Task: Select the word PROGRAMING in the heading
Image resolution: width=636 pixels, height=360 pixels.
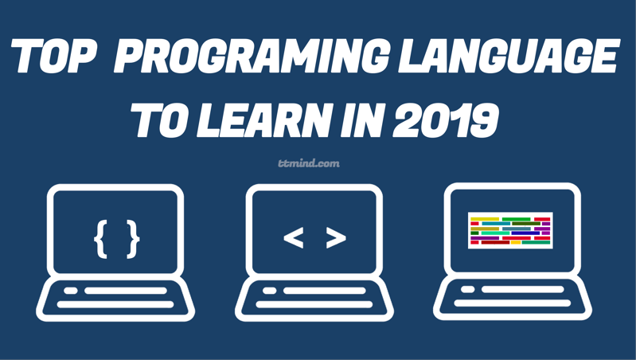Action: point(252,56)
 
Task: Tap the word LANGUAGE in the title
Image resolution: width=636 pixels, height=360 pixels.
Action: point(509,56)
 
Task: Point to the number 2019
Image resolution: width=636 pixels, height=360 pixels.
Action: point(446,120)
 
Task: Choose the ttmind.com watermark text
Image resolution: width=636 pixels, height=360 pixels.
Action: point(309,163)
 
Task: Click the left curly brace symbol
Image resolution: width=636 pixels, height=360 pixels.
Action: point(101,239)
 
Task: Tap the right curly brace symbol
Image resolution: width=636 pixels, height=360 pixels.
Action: point(133,239)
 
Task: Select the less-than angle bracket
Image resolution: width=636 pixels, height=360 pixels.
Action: point(293,238)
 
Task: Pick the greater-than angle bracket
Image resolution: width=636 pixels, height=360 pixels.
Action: point(336,238)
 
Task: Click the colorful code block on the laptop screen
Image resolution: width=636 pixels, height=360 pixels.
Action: point(510,230)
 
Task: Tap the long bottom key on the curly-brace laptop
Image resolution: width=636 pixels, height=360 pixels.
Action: point(115,304)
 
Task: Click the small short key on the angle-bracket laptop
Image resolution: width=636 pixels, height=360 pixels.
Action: point(269,291)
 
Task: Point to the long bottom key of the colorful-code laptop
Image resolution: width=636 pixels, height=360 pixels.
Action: point(513,303)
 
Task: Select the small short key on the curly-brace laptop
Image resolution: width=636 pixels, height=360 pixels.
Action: point(71,291)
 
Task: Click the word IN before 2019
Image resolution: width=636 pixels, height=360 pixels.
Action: point(362,120)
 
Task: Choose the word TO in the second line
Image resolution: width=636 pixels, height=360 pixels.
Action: point(161,120)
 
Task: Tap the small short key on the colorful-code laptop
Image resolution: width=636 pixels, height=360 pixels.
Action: point(468,289)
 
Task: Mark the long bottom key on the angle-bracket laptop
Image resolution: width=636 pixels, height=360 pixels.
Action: point(314,304)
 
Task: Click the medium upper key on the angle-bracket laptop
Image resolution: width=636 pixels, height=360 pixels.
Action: point(325,291)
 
